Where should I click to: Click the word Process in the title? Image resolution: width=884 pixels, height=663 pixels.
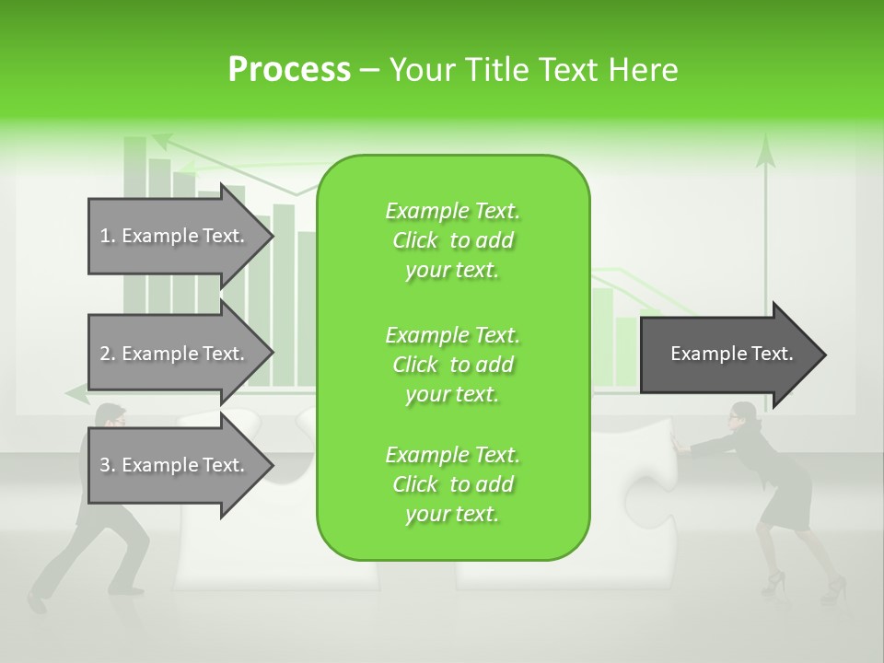[289, 70]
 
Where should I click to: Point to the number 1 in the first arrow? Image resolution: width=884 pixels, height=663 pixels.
[105, 236]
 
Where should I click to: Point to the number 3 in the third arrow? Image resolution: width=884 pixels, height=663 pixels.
[105, 465]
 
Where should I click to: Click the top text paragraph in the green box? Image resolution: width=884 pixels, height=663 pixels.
[452, 240]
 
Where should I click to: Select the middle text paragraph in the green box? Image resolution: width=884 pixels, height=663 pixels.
[452, 365]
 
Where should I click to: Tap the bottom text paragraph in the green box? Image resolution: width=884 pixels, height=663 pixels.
[452, 484]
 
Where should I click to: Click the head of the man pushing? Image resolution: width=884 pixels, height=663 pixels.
[110, 416]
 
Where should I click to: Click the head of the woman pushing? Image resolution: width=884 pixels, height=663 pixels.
[742, 417]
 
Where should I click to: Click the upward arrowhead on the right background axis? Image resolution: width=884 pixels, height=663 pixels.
[764, 152]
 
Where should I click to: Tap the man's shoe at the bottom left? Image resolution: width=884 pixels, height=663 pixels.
[37, 602]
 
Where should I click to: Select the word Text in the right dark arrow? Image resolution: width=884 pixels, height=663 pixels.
[773, 354]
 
